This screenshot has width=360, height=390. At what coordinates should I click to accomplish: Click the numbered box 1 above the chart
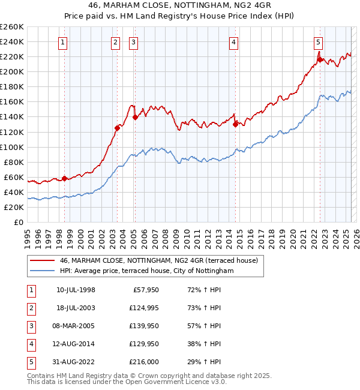click(x=63, y=42)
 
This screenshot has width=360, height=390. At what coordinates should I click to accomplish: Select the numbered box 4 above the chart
click(x=233, y=42)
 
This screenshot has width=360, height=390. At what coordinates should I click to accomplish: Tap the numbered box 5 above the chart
click(x=318, y=42)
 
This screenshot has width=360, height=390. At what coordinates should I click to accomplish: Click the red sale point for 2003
click(x=117, y=128)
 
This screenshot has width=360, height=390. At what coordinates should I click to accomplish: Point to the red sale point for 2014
click(x=235, y=124)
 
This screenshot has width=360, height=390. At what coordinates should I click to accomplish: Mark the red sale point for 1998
click(x=64, y=178)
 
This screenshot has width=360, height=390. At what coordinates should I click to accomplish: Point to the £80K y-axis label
click(x=13, y=162)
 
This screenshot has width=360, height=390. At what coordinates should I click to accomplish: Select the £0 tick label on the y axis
click(x=18, y=222)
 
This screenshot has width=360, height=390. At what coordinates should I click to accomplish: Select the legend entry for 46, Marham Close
click(x=158, y=260)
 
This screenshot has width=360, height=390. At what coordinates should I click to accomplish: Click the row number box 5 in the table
click(x=31, y=362)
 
